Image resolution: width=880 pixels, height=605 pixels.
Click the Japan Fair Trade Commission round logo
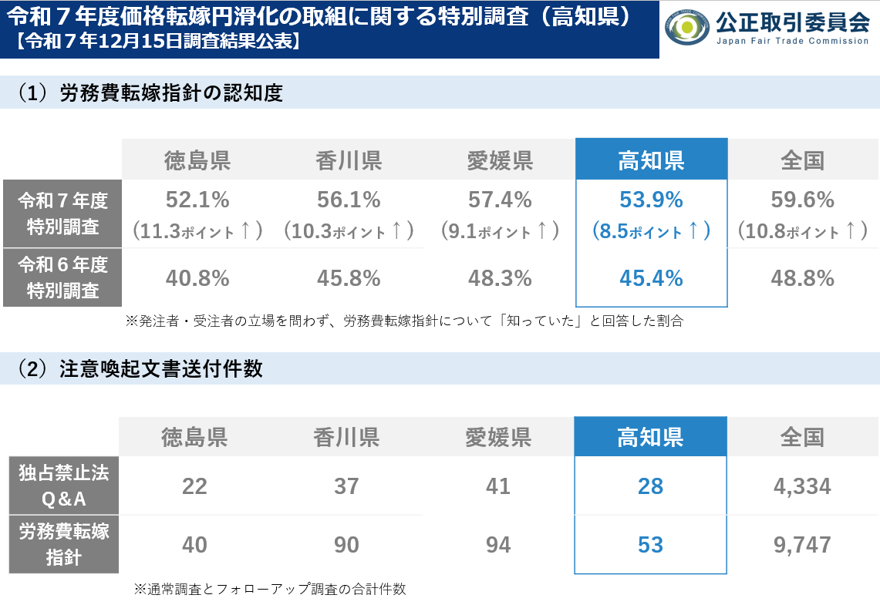(687, 29)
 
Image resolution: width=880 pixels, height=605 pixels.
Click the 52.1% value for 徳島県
(197, 200)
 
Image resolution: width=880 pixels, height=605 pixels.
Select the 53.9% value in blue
(651, 200)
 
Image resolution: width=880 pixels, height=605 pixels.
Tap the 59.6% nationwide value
(802, 200)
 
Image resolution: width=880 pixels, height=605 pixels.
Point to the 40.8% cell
(197, 278)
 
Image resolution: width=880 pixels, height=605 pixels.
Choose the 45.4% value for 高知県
(651, 278)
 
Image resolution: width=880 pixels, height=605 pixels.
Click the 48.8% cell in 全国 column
(802, 278)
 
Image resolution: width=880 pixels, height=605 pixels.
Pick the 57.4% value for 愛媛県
(500, 200)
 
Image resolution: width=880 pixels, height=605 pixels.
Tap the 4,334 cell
(802, 486)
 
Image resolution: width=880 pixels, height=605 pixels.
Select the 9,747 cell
(802, 545)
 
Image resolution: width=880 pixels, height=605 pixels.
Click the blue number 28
(651, 486)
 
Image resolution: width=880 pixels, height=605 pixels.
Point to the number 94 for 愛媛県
(498, 545)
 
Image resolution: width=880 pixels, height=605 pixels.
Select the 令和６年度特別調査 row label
(62, 277)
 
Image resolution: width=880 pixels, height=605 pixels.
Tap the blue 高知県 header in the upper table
(651, 160)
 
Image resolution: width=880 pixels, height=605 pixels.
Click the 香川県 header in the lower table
(346, 438)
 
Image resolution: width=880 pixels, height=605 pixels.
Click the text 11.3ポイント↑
(197, 230)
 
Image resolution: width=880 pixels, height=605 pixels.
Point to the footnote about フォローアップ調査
(269, 589)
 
